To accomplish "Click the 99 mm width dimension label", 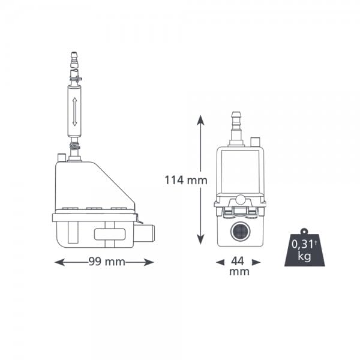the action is tap(107, 262).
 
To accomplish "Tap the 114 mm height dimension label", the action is tap(186, 180).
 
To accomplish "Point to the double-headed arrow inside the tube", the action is tap(74, 112).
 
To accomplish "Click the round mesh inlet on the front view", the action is tap(240, 232).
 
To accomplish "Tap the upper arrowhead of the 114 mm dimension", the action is tap(200, 120).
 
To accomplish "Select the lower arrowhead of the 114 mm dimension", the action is tap(200, 239).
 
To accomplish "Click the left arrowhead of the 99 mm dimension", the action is tap(59, 262).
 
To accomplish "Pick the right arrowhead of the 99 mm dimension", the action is tap(149, 262).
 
